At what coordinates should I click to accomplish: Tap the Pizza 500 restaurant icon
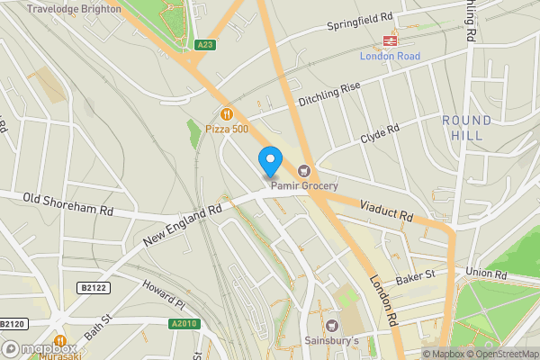[x=226, y=114]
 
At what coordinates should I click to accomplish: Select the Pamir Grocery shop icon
[x=304, y=171]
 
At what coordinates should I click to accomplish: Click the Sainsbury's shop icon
[x=333, y=324]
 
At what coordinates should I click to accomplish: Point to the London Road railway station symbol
[x=391, y=40]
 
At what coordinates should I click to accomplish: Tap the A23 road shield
[x=204, y=44]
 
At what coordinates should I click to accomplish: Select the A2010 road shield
[x=182, y=323]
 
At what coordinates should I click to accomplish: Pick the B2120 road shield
[x=11, y=323]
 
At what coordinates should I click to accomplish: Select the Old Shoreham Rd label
[x=68, y=203]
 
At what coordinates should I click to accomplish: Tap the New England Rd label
[x=182, y=225]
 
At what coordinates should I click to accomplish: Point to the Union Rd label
[x=487, y=273]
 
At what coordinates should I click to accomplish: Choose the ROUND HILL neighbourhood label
[x=467, y=128]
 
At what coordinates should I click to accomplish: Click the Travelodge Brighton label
[x=74, y=8]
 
